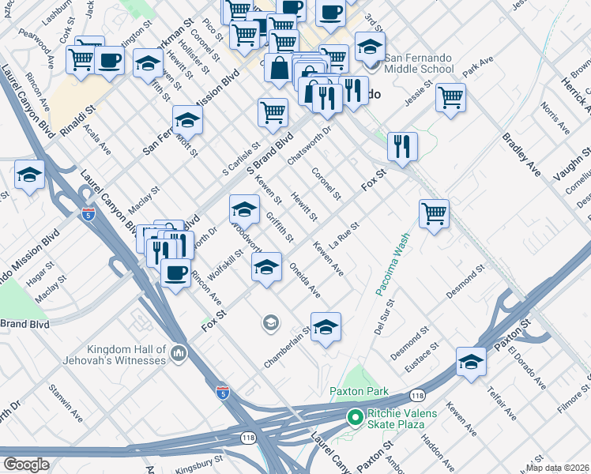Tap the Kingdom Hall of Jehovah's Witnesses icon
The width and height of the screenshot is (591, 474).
(x=179, y=353)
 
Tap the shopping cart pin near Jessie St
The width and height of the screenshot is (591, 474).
(x=450, y=99)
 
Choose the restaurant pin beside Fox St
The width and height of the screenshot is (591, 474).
(x=403, y=147)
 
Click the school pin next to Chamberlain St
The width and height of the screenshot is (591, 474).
(x=326, y=326)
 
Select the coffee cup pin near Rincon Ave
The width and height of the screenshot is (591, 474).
(x=175, y=273)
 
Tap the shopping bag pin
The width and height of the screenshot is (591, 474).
(x=279, y=69)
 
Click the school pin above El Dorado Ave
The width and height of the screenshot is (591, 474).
(x=471, y=361)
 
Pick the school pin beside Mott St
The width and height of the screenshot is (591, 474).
(x=188, y=120)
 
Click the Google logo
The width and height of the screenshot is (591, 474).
(x=26, y=464)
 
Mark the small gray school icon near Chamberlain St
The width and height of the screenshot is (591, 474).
(x=270, y=322)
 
